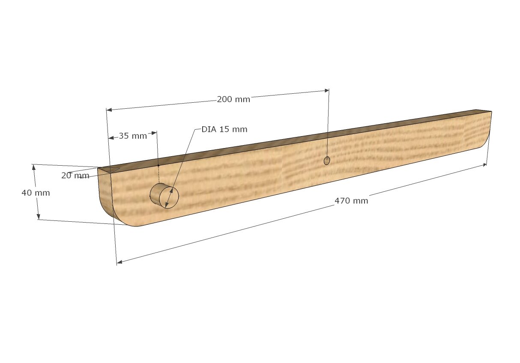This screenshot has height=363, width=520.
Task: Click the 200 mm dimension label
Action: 233,99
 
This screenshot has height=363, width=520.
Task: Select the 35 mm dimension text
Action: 133,136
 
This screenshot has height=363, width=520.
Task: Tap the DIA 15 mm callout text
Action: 224,129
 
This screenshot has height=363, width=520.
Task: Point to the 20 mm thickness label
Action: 75,176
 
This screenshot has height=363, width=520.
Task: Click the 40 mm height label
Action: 36,193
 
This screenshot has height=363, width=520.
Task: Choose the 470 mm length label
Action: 351,201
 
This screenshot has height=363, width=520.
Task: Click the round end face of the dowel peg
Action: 169,197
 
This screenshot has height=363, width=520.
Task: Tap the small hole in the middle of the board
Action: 327,161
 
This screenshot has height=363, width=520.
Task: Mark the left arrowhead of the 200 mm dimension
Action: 109,110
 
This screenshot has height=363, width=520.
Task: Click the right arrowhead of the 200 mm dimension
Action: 326,90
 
